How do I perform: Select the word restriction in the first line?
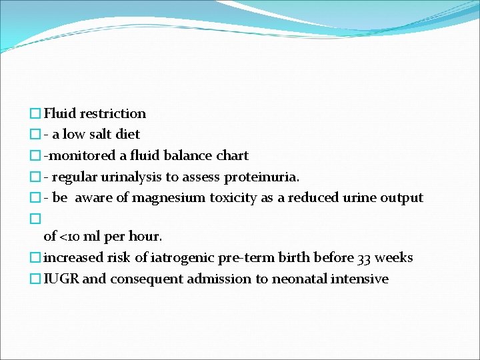[113, 113]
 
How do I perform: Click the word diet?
[128, 135]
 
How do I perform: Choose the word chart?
[232, 156]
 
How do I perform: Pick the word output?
[402, 198]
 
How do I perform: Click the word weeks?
[394, 258]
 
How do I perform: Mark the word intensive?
[361, 279]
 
